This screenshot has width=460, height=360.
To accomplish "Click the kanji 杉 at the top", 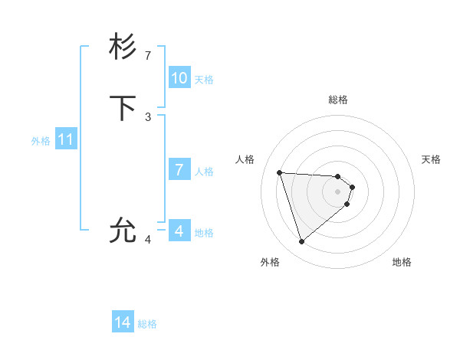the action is coord(123,47).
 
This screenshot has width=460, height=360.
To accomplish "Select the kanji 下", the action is coord(123,108).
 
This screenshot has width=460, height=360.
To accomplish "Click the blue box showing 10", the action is coord(179,78).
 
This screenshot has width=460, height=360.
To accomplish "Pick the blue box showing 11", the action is coord(66,140).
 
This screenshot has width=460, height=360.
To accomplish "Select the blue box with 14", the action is coord(123,323).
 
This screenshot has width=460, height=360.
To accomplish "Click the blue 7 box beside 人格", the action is coord(179,170).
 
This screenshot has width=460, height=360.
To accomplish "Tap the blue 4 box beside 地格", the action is coord(179,231).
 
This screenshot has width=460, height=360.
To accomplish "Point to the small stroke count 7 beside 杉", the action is coord(148,56).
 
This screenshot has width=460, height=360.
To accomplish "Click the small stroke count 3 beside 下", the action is coord(148,117).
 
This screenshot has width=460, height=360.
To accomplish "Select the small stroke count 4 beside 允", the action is coord(148,240).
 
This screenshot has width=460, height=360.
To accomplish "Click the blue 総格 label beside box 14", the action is coord(147,324).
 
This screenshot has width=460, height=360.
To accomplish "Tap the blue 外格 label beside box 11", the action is coord(41,141).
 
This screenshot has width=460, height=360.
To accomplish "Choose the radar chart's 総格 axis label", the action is coord(338,100).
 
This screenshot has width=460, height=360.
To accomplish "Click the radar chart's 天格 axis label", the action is coord(432,159).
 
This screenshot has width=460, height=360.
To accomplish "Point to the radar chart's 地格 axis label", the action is coord(402,262).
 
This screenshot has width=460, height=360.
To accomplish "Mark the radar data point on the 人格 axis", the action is coord(280,172).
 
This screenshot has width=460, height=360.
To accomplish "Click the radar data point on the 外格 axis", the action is coord(302,242).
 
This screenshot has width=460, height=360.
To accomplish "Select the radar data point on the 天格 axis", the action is coord(353,186).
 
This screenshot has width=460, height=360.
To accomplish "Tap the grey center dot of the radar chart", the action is coord(338,191).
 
